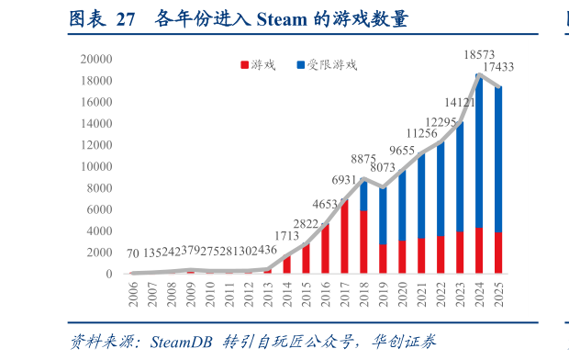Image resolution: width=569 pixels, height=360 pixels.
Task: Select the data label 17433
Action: [x=497, y=67]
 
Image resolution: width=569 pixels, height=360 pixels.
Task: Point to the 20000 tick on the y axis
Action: [x=95, y=59]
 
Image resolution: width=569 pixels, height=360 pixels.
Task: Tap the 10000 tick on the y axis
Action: [x=95, y=166]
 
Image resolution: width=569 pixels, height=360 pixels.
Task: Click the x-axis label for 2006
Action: [x=134, y=293]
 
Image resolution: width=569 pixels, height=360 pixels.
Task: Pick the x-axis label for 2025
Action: [x=497, y=293]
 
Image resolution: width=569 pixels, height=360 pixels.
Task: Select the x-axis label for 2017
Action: [x=344, y=293]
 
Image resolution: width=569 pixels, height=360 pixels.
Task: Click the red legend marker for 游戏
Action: [x=244, y=65]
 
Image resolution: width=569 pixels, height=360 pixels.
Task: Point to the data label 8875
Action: [x=363, y=159]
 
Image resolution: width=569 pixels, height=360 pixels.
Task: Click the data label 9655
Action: [x=402, y=151]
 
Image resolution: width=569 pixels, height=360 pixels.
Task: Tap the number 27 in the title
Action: [x=126, y=18]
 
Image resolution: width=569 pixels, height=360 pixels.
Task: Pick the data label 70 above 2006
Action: [x=133, y=253]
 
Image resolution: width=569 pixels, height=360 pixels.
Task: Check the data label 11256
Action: [x=421, y=134]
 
